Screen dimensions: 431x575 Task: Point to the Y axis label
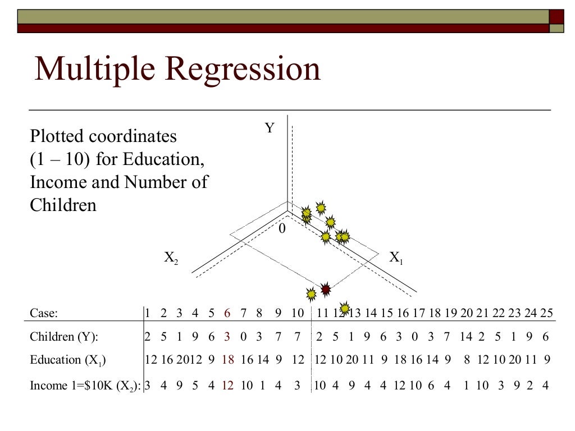[270, 129]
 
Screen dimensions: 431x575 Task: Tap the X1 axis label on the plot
[396, 258]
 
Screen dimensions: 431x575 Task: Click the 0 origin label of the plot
[282, 229]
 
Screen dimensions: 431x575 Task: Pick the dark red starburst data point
[325, 290]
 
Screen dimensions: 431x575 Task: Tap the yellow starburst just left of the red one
[311, 294]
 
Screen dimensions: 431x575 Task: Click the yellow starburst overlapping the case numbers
[345, 308]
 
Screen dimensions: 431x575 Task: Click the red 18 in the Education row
[228, 360]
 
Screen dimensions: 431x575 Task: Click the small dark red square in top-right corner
[556, 16]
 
